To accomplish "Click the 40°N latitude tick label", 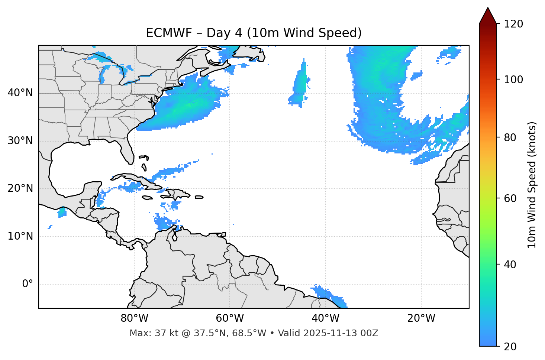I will pos(20,93).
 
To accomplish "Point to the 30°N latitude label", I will pos(20,141).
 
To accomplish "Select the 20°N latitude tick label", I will pos(20,188).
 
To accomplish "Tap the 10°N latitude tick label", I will pos(20,236).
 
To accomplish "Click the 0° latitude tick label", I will pos(27,284).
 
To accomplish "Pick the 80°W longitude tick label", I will pos(134,318).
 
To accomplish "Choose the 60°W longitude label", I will pos(230,318).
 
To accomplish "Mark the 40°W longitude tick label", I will pos(325,318).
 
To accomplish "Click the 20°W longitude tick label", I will pos(421,318).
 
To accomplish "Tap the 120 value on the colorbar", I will pos(513,24).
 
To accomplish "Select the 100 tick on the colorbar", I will pos(513,80).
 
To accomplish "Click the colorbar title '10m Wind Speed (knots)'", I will pos(532,185).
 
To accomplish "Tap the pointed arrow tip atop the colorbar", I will pos(488,9).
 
